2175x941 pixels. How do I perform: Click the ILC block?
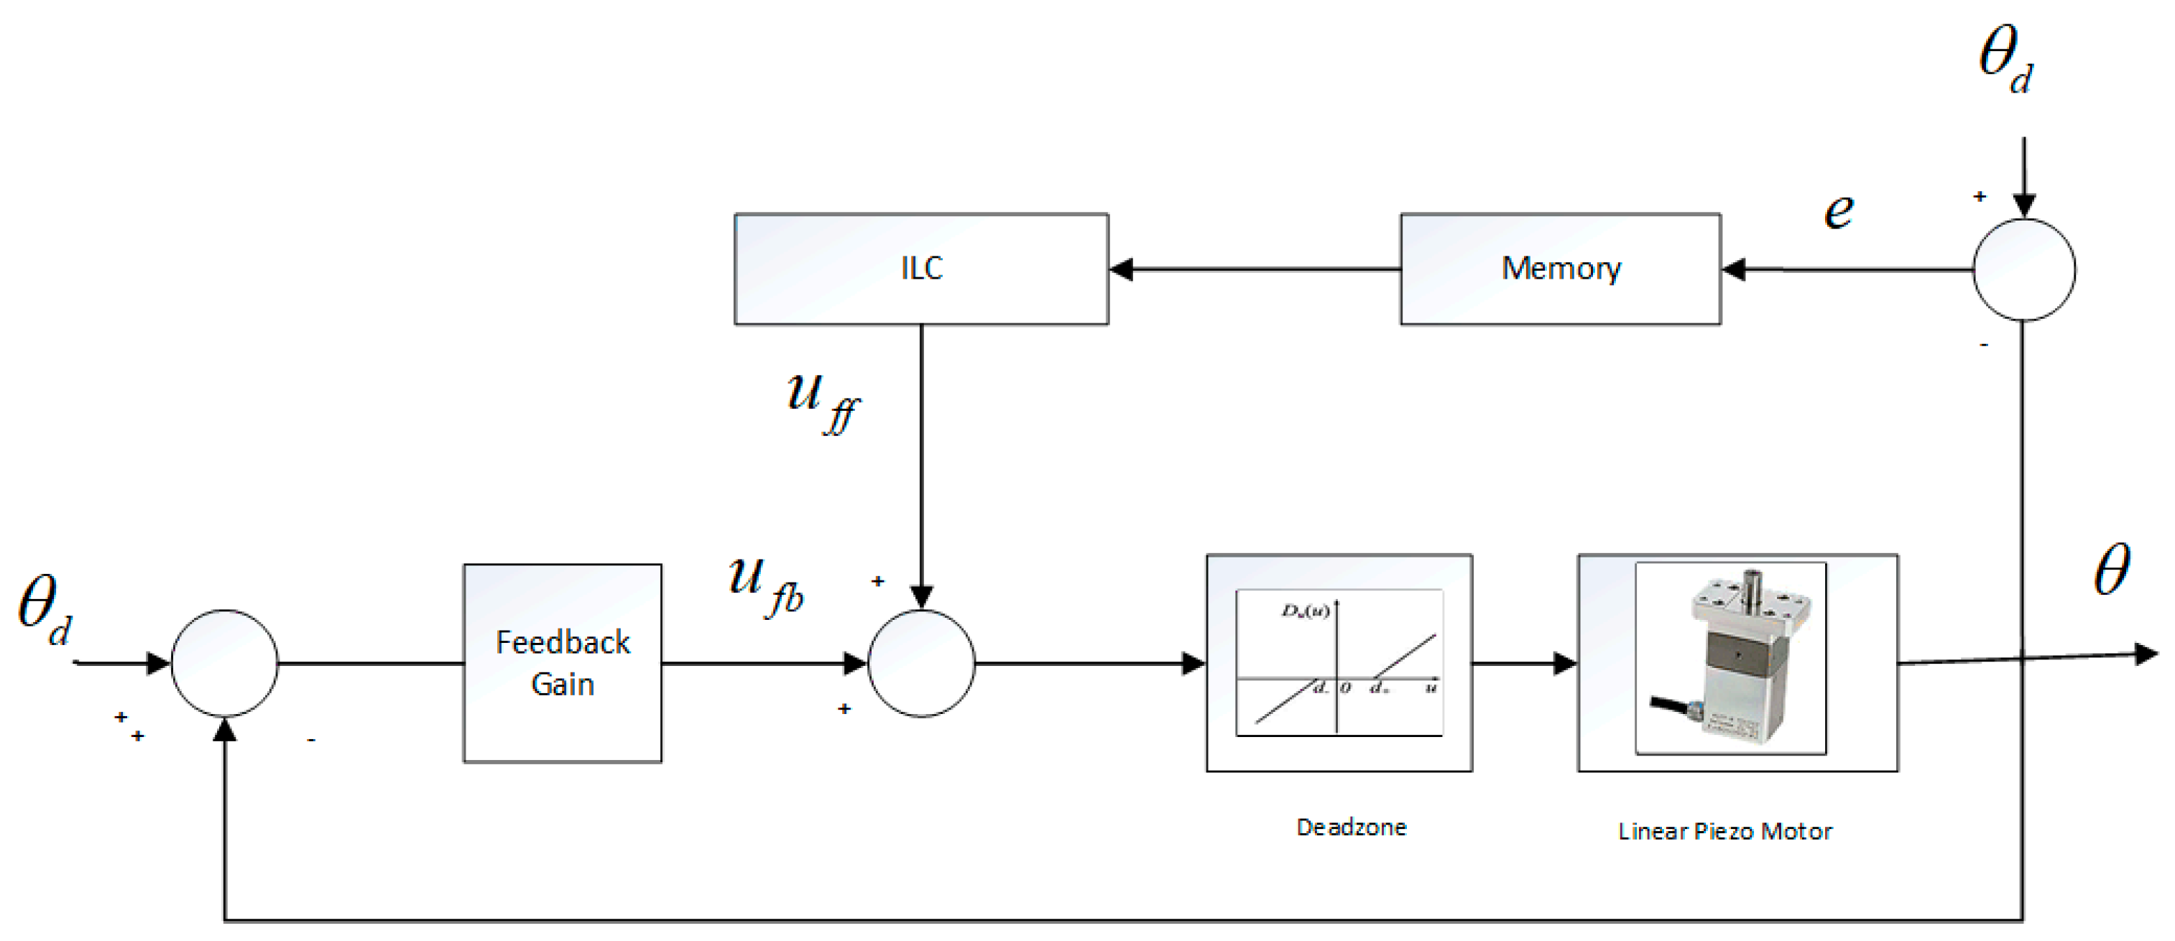(x=921, y=269)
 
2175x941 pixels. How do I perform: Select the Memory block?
(x=1561, y=269)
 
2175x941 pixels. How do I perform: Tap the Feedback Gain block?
(x=563, y=663)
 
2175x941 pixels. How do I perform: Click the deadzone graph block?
(x=1339, y=662)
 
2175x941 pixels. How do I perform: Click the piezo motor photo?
(x=1731, y=658)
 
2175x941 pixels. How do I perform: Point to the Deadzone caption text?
(x=1351, y=827)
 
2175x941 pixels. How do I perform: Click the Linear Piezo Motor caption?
(x=1725, y=831)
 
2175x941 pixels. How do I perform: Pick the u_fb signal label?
(x=764, y=585)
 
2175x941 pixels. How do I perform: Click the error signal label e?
(x=1838, y=211)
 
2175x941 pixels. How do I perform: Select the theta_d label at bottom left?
(x=44, y=608)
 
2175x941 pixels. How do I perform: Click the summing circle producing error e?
(x=2024, y=270)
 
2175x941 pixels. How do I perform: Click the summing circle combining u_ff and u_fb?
(x=921, y=663)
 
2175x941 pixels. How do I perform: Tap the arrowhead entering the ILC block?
(x=1122, y=269)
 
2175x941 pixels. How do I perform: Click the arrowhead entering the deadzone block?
(x=1193, y=663)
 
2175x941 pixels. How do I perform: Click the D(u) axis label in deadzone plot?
(x=1306, y=610)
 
